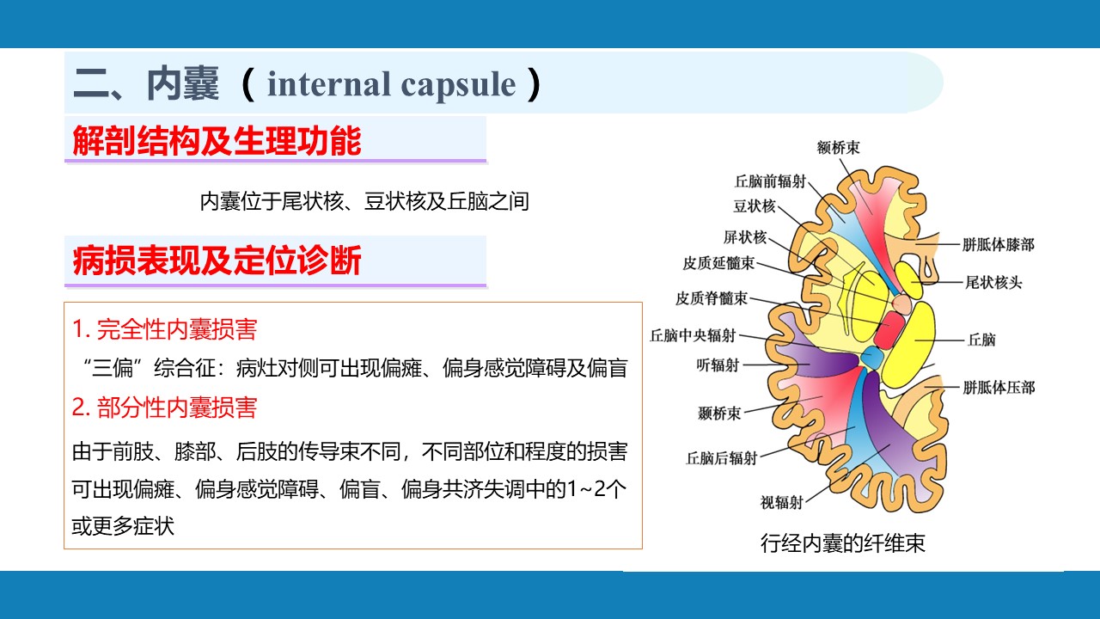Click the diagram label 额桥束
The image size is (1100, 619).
coord(838,147)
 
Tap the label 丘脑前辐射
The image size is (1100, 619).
coord(770,181)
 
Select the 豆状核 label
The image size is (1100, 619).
coord(755,205)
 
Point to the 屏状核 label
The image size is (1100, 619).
coord(745,237)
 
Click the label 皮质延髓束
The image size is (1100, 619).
coord(718,263)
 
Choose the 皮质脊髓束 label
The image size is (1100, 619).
coord(712,298)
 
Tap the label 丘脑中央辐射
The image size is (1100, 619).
coord(693,335)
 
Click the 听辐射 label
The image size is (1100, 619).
coord(718,365)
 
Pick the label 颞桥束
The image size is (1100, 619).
coord(719,414)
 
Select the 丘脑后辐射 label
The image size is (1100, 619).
coord(721,458)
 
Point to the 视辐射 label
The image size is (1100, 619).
coord(782,503)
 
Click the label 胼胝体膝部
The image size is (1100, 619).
coord(999,245)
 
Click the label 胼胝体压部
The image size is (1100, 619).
coord(999,388)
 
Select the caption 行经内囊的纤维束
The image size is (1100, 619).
coord(843,543)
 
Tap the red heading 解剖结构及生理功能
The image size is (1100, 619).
coord(217,141)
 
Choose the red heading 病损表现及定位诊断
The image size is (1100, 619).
coord(217,260)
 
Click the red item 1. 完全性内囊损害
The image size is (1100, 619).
coord(164,329)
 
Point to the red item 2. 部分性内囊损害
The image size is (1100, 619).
coord(164,408)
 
